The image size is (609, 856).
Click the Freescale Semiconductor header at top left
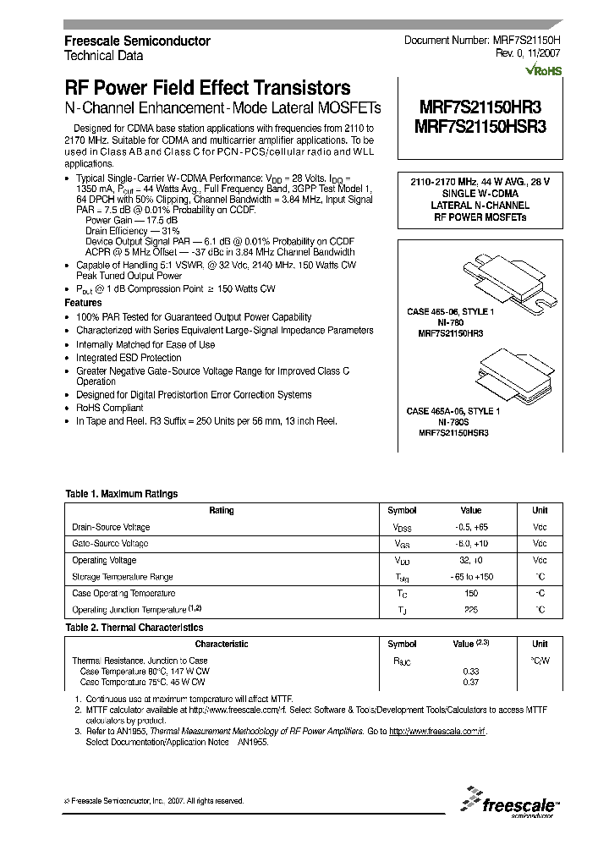[x=138, y=41]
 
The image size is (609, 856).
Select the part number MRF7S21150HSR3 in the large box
[x=480, y=125]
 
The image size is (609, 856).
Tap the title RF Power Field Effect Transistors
[x=207, y=87]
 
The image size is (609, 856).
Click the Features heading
[x=83, y=302]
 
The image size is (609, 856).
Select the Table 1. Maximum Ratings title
[x=122, y=494]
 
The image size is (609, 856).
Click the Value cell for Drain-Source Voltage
[x=471, y=527]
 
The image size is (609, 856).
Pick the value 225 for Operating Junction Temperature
[x=471, y=609]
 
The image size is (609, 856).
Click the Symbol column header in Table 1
[x=402, y=510]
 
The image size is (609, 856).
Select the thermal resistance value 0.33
[x=471, y=671]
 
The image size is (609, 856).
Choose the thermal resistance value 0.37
[x=471, y=682]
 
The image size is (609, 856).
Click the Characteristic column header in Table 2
[x=222, y=644]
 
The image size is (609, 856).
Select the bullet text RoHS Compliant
[x=109, y=408]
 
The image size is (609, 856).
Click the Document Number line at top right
[x=482, y=41]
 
